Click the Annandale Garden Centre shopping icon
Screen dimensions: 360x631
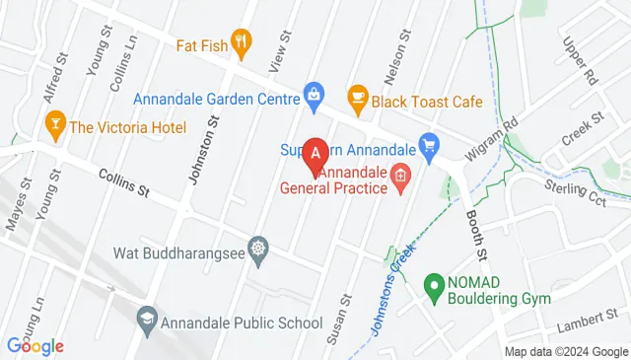click(314, 95)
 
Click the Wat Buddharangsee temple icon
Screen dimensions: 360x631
click(257, 248)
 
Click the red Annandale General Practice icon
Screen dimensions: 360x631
click(399, 178)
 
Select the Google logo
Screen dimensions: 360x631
click(35, 345)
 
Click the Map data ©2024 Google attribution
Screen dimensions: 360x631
click(566, 352)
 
